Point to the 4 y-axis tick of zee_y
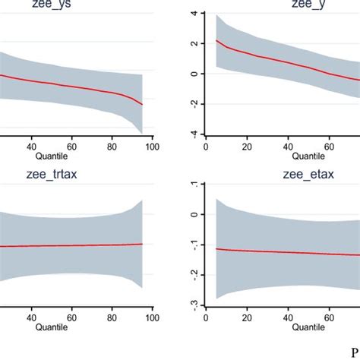coord(194,14)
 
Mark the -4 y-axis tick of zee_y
coord(194,134)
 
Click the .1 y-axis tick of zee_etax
coord(194,185)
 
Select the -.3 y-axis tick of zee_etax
coord(194,304)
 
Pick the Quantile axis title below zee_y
coord(308,157)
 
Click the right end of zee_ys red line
coord(142,104)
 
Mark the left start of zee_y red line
coord(217,40)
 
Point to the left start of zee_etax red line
coord(217,248)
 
